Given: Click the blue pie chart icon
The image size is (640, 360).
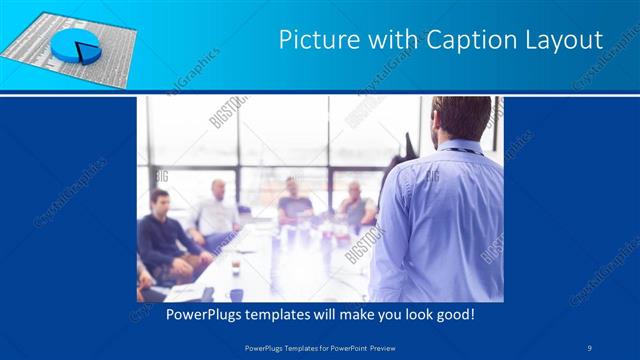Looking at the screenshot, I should (x=72, y=44).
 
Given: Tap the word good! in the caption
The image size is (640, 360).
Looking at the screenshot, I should (x=453, y=315).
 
